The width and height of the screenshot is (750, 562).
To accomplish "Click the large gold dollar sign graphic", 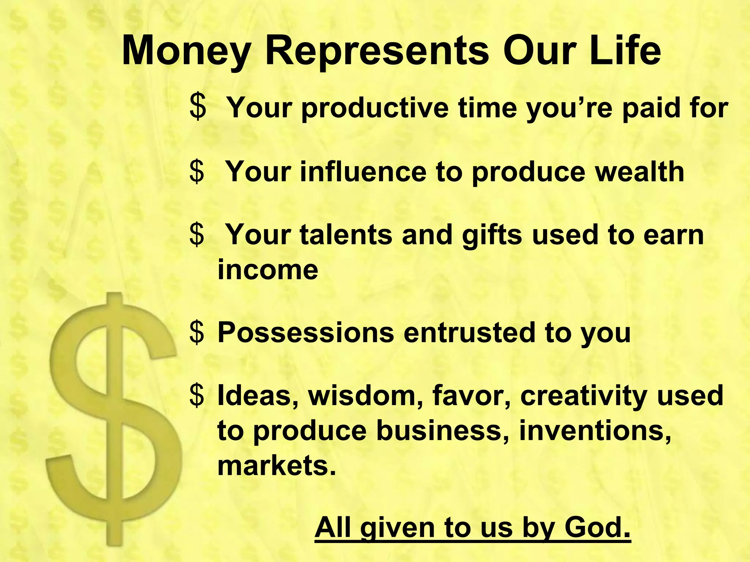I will pyautogui.click(x=114, y=417).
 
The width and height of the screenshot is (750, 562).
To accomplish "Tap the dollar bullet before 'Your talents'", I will pyautogui.click(x=197, y=235).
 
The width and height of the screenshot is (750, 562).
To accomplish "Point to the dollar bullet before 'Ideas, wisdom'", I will pyautogui.click(x=197, y=396).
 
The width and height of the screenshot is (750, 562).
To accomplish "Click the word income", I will pyautogui.click(x=268, y=270).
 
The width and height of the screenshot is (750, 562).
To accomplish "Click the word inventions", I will pyautogui.click(x=595, y=431).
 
